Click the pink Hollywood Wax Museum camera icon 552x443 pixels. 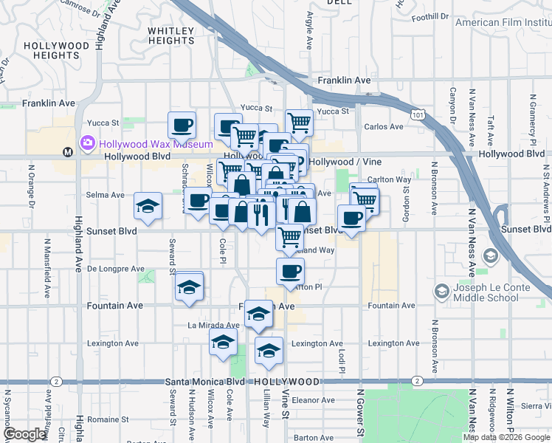tap(88, 142)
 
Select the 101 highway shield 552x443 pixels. tap(418, 115)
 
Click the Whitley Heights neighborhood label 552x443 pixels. tap(170, 36)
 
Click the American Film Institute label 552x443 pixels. tap(503, 22)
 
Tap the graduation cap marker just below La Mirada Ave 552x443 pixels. tap(223, 344)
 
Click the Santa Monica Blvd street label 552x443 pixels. tap(205, 382)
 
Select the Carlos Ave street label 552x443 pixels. tap(384, 126)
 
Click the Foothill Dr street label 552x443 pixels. tap(430, 16)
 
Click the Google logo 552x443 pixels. tap(24, 434)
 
